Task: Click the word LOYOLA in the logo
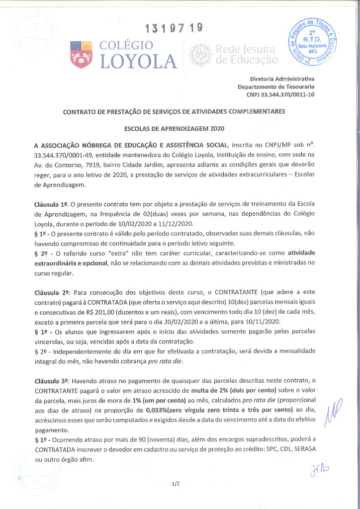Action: click(x=138, y=61)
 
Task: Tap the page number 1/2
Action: click(x=175, y=483)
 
